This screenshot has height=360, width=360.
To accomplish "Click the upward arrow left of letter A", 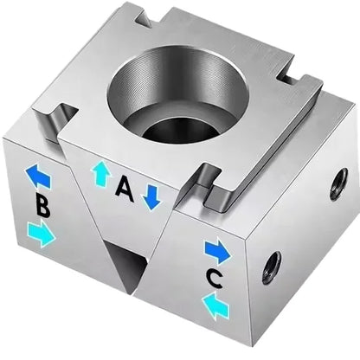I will click(x=100, y=174).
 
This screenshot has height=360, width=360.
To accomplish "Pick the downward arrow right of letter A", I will click(x=151, y=196).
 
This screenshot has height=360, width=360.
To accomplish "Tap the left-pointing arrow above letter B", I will click(x=38, y=177).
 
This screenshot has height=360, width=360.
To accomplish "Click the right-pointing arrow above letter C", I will click(x=218, y=251).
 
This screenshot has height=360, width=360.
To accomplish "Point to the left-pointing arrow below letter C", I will click(x=216, y=304).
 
